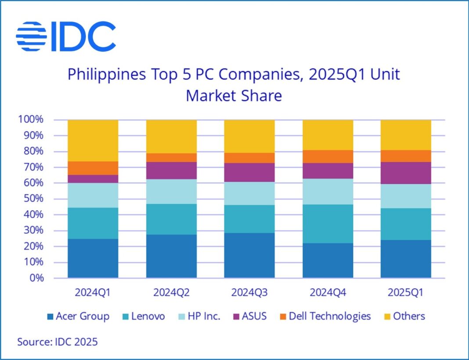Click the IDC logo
(66, 36)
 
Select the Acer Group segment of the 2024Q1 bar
(93, 258)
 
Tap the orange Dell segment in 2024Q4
(328, 156)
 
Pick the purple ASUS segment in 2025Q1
(406, 173)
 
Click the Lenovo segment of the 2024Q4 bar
(328, 224)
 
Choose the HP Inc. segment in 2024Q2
(171, 192)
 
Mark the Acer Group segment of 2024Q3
(249, 255)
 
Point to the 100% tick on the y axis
(30, 120)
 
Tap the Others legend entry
(404, 316)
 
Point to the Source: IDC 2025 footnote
(58, 342)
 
